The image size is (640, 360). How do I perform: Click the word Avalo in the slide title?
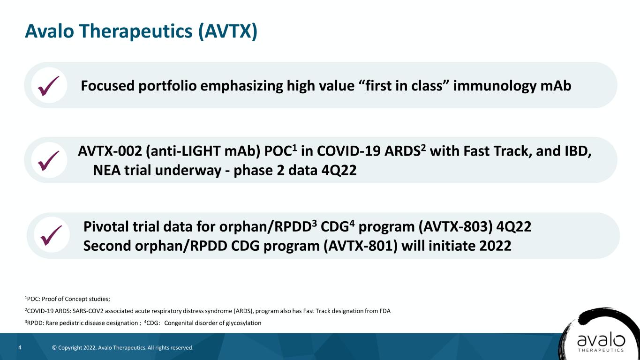[49, 31]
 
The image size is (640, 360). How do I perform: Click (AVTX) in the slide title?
[228, 31]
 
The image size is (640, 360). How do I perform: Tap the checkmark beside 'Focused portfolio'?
[49, 86]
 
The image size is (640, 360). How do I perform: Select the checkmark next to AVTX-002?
[49, 161]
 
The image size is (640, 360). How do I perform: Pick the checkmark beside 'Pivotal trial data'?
[52, 235]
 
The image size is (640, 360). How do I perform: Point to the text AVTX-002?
[110, 151]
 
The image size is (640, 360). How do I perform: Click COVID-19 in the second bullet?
[348, 151]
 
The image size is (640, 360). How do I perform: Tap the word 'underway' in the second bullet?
[188, 171]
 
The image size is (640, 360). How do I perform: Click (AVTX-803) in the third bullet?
[455, 227]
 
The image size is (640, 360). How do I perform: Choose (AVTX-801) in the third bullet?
[360, 246]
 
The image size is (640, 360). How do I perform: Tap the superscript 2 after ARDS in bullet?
[423, 148]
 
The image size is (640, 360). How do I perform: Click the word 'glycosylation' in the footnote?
[243, 323]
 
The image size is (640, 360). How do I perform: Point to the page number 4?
[20, 348]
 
